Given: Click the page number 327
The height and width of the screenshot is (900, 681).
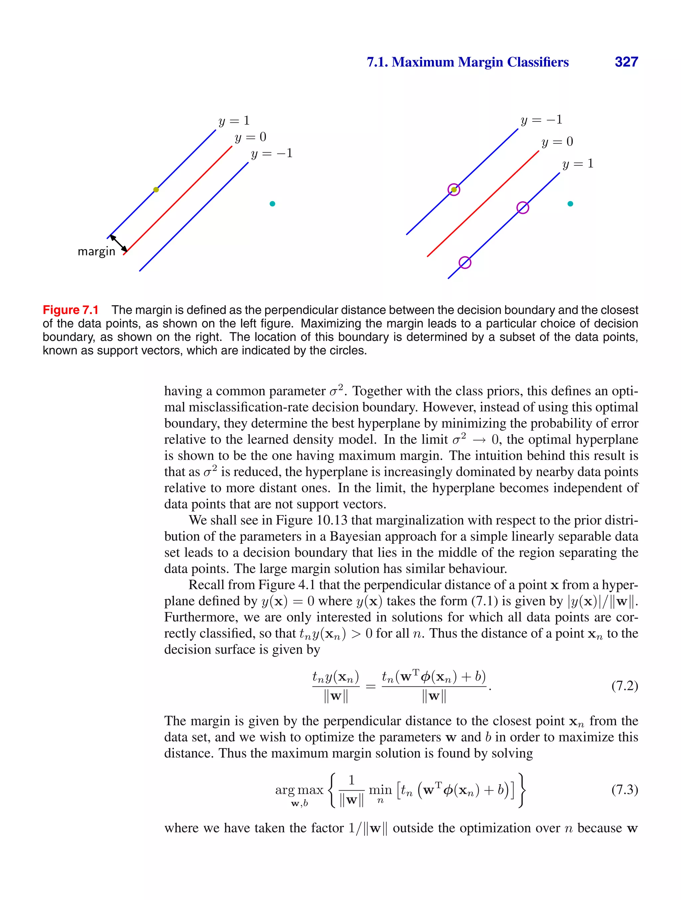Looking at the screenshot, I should coord(626,62).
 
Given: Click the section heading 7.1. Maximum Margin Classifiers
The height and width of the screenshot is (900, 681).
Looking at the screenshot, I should coord(468,62).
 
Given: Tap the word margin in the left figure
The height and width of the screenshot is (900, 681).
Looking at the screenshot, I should coord(96,251).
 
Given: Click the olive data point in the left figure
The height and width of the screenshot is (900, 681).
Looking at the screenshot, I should coord(156,190).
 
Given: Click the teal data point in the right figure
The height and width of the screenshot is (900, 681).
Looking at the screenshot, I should coord(570,204).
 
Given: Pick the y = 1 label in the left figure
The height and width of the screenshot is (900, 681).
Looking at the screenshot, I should coord(234,121).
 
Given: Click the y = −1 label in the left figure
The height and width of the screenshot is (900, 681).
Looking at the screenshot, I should coord(272,154).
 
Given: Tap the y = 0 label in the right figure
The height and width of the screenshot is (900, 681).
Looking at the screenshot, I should coord(557,142).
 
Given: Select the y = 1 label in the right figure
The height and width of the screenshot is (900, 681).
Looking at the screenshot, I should coord(578,164).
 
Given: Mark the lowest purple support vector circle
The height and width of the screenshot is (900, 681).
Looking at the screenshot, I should coord(465,262).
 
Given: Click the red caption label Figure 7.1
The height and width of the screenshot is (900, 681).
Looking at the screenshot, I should coord(71,310).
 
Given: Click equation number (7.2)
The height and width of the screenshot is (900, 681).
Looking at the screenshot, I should coord(624,686).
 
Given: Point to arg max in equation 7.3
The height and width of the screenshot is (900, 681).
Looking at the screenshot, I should coord(299,790).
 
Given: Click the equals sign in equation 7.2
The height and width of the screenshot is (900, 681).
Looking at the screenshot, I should coord(370,687).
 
